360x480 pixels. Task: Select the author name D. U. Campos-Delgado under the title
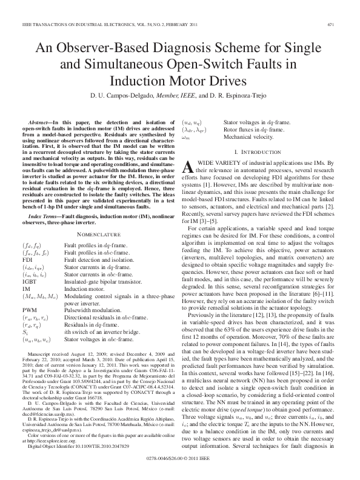(x=115, y=95)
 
